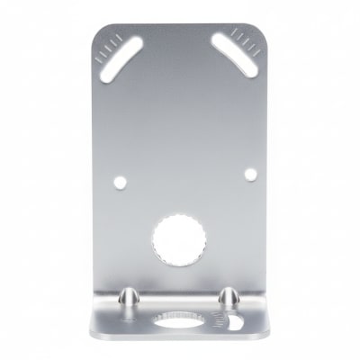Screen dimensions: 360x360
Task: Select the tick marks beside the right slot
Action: pyautogui.click(x=247, y=37)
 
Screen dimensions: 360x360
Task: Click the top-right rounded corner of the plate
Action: pyautogui.click(x=260, y=28)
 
